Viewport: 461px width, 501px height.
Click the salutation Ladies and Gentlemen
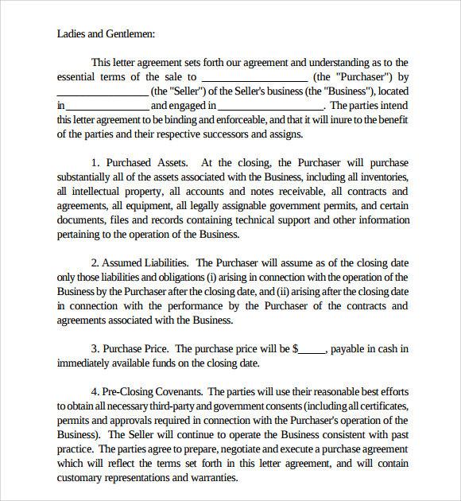[x=106, y=33]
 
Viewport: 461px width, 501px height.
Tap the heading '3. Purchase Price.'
[x=130, y=348]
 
